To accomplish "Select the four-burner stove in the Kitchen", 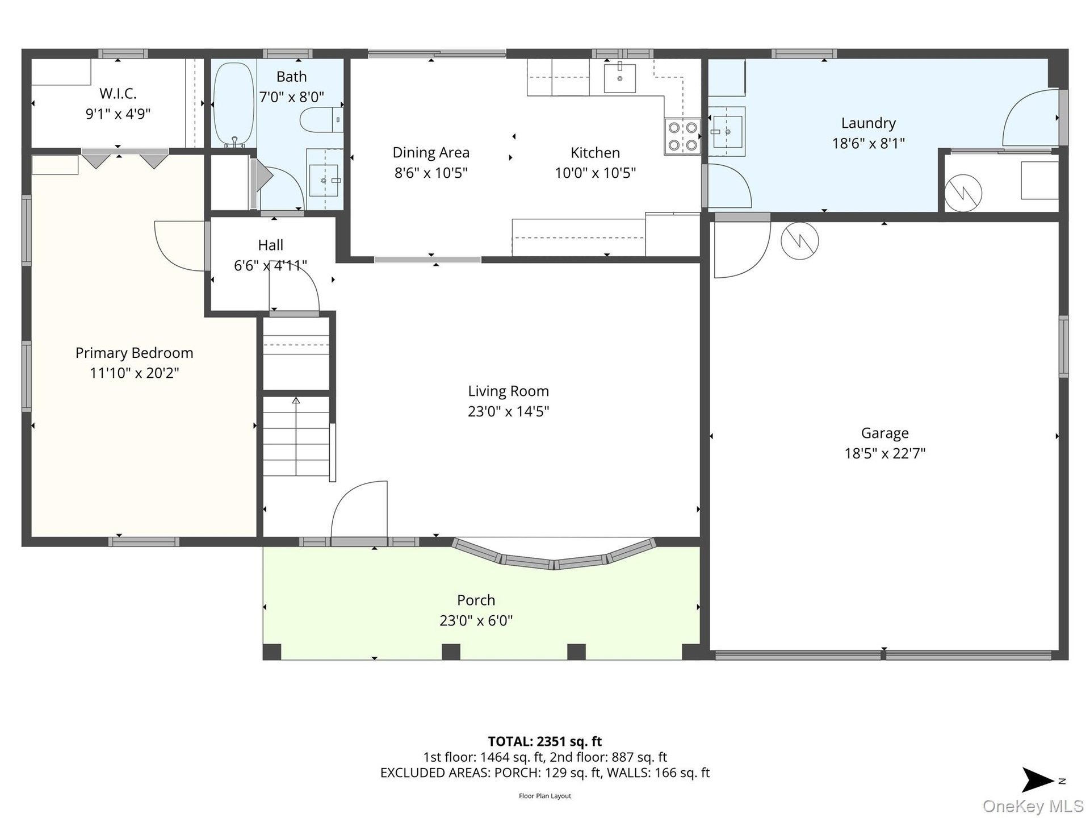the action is click(682, 136).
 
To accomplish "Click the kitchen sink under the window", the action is click(619, 78).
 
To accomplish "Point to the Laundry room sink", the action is click(728, 132).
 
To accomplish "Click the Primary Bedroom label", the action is click(135, 353).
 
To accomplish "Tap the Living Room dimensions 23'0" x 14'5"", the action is click(509, 411).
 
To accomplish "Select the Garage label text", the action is click(885, 433).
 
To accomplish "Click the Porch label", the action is click(476, 600).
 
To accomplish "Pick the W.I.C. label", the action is click(118, 93).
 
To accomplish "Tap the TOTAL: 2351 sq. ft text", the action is click(545, 741).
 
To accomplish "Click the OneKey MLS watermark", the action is click(1033, 806).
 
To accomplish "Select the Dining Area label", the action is click(431, 153).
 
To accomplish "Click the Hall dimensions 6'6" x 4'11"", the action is click(271, 265).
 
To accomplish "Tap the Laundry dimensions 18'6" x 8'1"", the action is click(869, 143).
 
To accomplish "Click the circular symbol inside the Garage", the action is click(799, 241).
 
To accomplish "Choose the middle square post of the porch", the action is click(451, 652).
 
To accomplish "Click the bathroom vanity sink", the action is click(324, 180).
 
